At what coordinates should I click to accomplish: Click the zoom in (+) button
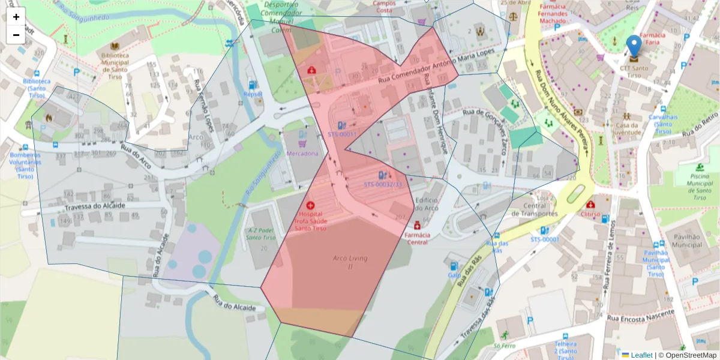tap(16, 17)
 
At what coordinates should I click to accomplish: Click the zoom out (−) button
tap(16, 35)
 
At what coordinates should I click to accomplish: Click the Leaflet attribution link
tap(641, 355)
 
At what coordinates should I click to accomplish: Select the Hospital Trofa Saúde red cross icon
tap(310, 205)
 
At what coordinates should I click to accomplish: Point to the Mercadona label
tap(303, 154)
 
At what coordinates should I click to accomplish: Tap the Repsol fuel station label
tap(253, 94)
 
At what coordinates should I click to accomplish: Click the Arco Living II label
tap(350, 262)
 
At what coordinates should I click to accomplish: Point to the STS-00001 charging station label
tap(544, 239)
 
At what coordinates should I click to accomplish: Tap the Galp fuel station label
tap(454, 275)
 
